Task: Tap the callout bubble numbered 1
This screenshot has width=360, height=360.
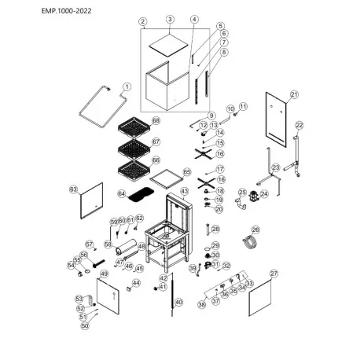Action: (128, 86)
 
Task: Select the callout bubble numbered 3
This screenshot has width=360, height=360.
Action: (170, 19)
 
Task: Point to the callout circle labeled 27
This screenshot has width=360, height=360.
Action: (274, 274)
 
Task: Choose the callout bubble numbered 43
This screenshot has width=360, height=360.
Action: (185, 191)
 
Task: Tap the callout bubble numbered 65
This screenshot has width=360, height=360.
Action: (187, 171)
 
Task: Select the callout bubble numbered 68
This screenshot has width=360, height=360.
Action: (156, 120)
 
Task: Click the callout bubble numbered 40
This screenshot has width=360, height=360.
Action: (178, 302)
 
